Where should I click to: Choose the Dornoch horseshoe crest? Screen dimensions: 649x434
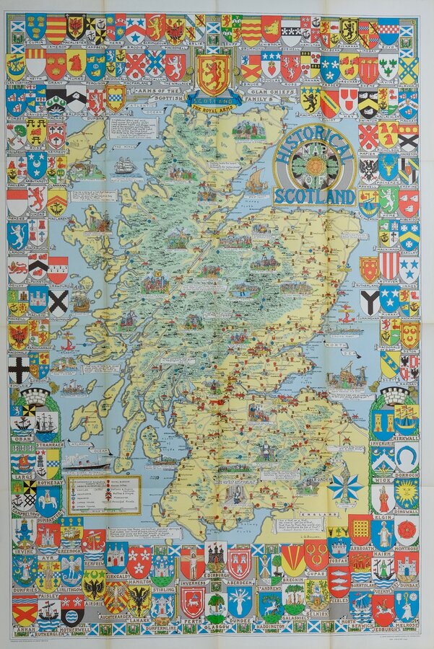407,455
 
